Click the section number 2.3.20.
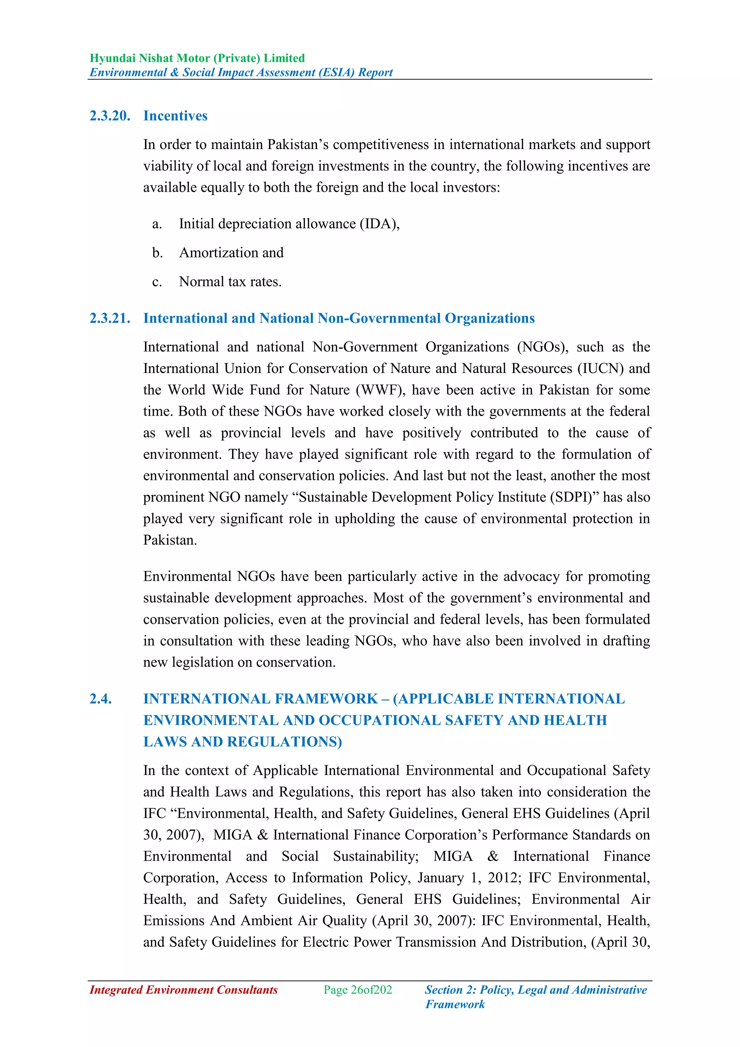point(110,116)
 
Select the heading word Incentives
point(176,116)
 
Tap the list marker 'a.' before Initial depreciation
point(157,224)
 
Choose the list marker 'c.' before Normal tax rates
point(157,282)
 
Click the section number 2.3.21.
point(110,318)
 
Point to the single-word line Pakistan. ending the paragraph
point(170,540)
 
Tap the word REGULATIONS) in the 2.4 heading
point(284,741)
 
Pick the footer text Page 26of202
point(358,990)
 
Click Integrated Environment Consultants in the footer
point(184,990)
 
